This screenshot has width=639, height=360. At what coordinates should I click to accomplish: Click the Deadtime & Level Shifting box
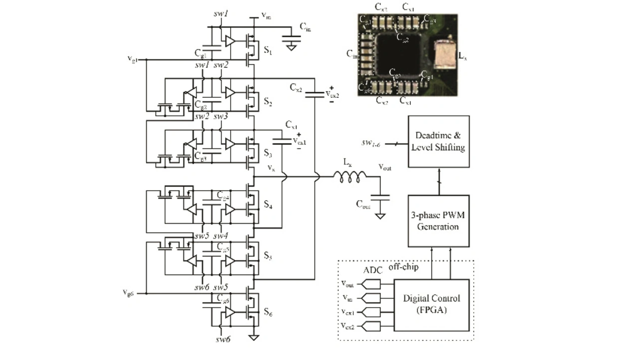click(x=439, y=141)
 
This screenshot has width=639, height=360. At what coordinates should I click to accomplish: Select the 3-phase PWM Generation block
click(x=439, y=220)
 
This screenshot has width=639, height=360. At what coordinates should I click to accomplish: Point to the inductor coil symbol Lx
click(x=349, y=175)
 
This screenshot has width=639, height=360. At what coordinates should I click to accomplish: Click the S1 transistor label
click(x=268, y=50)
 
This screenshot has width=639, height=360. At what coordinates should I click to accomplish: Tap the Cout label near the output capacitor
click(x=363, y=204)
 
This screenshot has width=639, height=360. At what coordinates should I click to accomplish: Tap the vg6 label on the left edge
click(x=128, y=293)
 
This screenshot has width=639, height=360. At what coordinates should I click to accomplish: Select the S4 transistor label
click(x=268, y=205)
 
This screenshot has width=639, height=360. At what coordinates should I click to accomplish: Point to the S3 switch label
click(x=268, y=153)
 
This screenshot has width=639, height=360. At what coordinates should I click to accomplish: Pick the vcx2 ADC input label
click(x=347, y=326)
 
